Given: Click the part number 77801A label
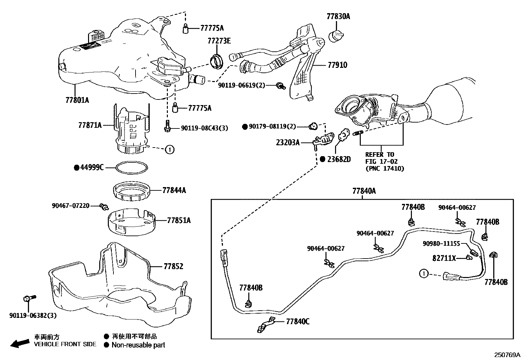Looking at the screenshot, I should (x=77, y=100).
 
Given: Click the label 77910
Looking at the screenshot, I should (x=337, y=65).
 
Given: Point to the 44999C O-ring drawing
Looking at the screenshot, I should (x=132, y=167).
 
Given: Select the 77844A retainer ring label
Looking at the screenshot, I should (x=174, y=190).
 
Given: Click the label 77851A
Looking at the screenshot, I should (x=179, y=220).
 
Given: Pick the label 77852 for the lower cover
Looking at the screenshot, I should (x=173, y=266).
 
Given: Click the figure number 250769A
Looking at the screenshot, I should (x=507, y=355).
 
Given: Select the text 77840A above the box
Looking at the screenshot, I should (x=364, y=191).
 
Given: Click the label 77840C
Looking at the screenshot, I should (x=298, y=321).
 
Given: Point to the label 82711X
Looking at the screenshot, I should (x=444, y=259).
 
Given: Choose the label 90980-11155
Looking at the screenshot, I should (x=441, y=243).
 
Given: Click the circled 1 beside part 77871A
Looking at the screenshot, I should (x=170, y=150).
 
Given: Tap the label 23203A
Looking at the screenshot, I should (x=288, y=142).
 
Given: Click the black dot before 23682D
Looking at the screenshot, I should (x=323, y=159).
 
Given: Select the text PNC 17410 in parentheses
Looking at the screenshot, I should (x=385, y=168).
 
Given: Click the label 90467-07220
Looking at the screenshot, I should (x=71, y=206).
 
